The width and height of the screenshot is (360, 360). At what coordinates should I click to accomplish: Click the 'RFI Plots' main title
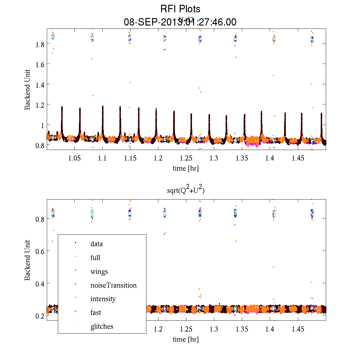point(180,9)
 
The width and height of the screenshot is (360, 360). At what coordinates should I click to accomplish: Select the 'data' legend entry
point(97,244)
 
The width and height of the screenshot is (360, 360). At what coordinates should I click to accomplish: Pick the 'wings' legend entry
point(99,271)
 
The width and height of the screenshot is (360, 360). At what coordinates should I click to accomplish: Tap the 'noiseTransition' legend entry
point(113,285)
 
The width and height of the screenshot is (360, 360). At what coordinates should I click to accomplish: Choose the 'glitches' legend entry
point(102,326)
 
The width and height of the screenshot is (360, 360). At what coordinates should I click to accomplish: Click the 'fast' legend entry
point(96,313)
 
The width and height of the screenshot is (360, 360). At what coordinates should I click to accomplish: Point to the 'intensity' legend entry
point(103,299)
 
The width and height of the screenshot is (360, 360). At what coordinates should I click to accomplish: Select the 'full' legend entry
point(95,258)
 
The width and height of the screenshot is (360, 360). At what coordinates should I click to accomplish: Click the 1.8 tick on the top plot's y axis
point(40,44)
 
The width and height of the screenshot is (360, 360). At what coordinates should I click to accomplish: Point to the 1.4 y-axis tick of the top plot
point(40,85)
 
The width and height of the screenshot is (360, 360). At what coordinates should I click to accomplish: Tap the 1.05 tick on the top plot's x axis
point(74,158)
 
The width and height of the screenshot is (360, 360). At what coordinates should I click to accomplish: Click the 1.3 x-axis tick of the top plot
point(214,158)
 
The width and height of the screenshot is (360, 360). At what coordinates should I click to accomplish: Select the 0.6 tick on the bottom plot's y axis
point(40,251)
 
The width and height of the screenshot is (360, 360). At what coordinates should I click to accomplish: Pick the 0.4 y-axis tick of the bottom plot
point(40,283)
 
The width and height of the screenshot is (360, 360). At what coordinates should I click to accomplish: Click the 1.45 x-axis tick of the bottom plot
point(298,329)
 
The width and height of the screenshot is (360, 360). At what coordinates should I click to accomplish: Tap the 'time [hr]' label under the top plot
point(185,168)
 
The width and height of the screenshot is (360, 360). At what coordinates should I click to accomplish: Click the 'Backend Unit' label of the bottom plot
point(27,260)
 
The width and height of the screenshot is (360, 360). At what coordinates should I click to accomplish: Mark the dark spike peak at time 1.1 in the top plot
point(103,106)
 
